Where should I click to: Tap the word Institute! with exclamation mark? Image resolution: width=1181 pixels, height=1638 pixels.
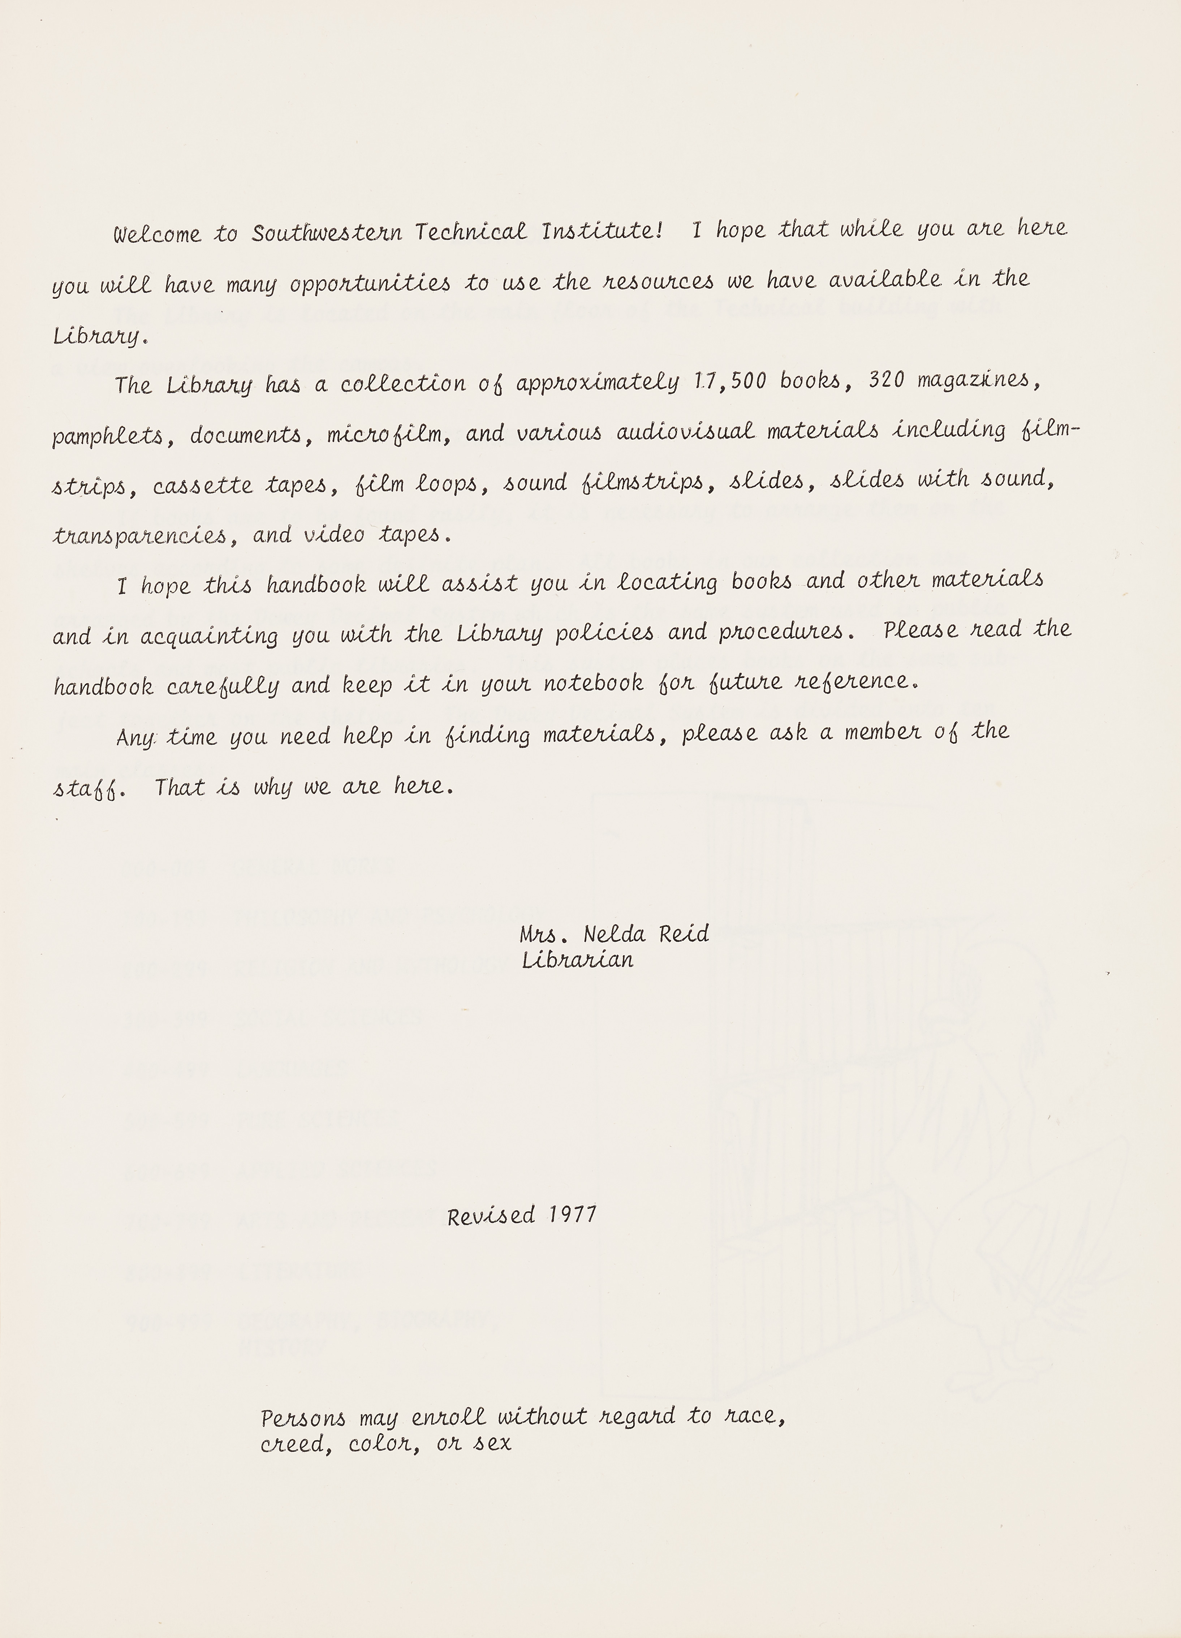[x=602, y=231]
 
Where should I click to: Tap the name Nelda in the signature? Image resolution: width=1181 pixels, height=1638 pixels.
[x=614, y=935]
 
